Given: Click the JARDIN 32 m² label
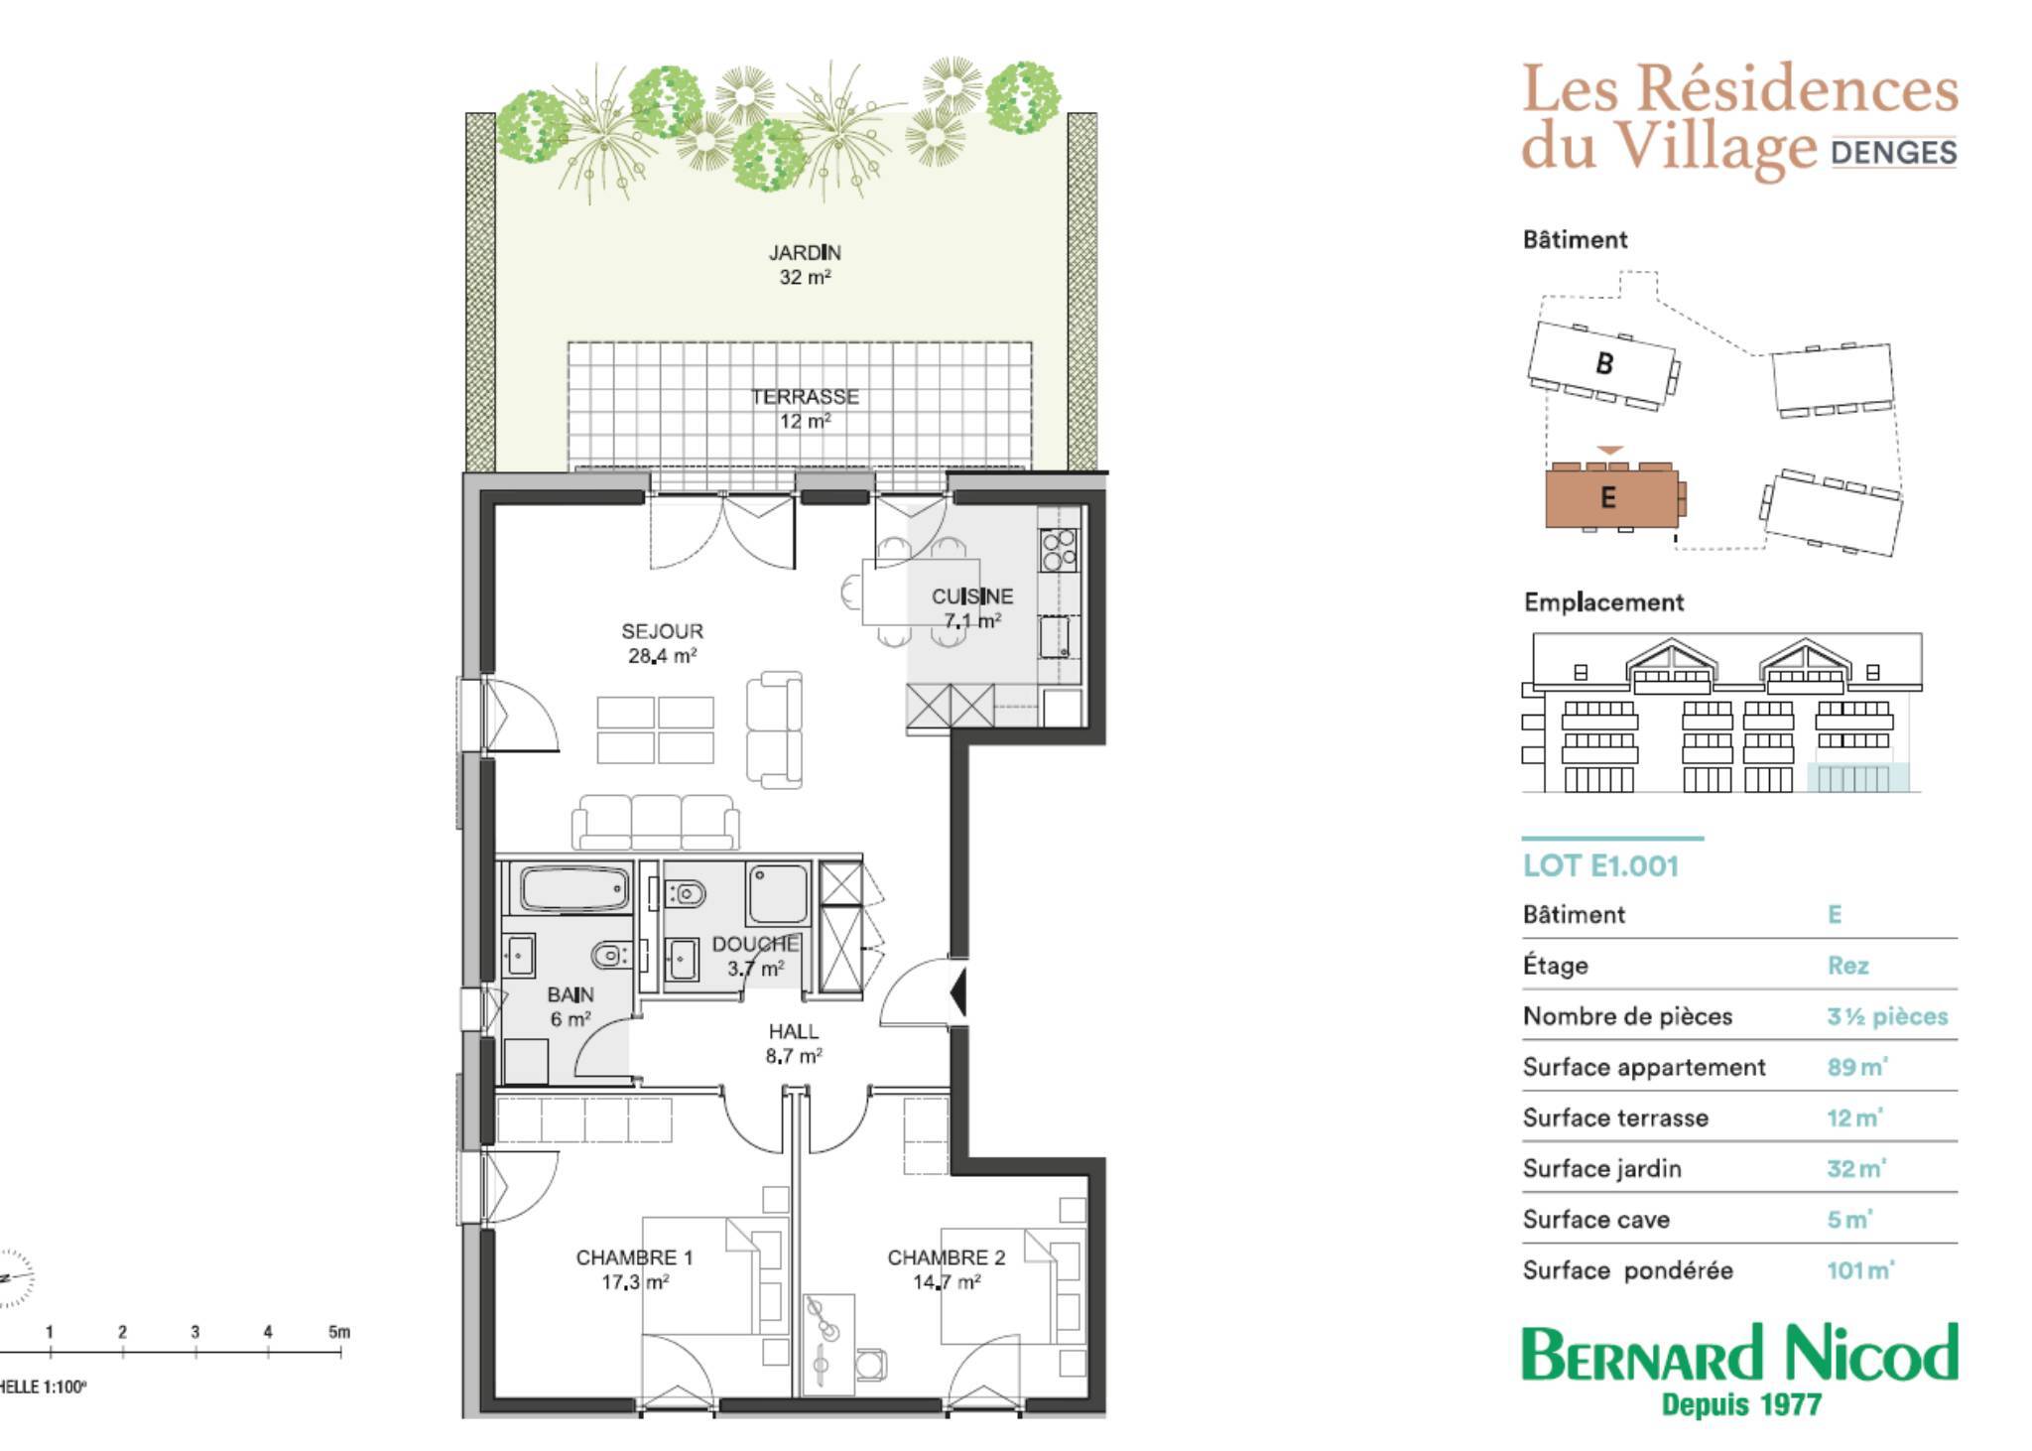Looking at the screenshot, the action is tap(805, 265).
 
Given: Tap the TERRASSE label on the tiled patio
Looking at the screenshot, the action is tap(805, 397).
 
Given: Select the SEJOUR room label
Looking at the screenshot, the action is tap(662, 631).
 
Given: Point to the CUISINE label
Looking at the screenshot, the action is tap(972, 596).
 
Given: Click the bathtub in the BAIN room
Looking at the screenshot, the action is tap(575, 888).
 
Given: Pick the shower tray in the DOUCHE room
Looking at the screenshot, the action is tap(779, 893).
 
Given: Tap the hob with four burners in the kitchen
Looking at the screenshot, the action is tap(1059, 550).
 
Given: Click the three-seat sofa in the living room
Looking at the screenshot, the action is tap(656, 822).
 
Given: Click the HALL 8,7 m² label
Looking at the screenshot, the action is tap(794, 1044).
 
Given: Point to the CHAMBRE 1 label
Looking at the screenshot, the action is tap(635, 1257).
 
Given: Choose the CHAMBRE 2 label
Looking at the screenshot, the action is tap(947, 1257).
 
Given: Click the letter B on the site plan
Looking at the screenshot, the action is tap(1604, 363).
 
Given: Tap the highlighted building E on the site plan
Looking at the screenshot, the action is tap(1611, 496).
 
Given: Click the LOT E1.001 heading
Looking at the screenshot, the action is tap(1600, 865).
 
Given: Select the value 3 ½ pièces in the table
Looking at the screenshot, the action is tap(1887, 1016).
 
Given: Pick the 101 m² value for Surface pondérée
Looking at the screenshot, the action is tap(1860, 1270).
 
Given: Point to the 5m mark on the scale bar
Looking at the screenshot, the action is tap(339, 1333).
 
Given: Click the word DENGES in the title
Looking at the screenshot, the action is tap(1894, 153).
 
